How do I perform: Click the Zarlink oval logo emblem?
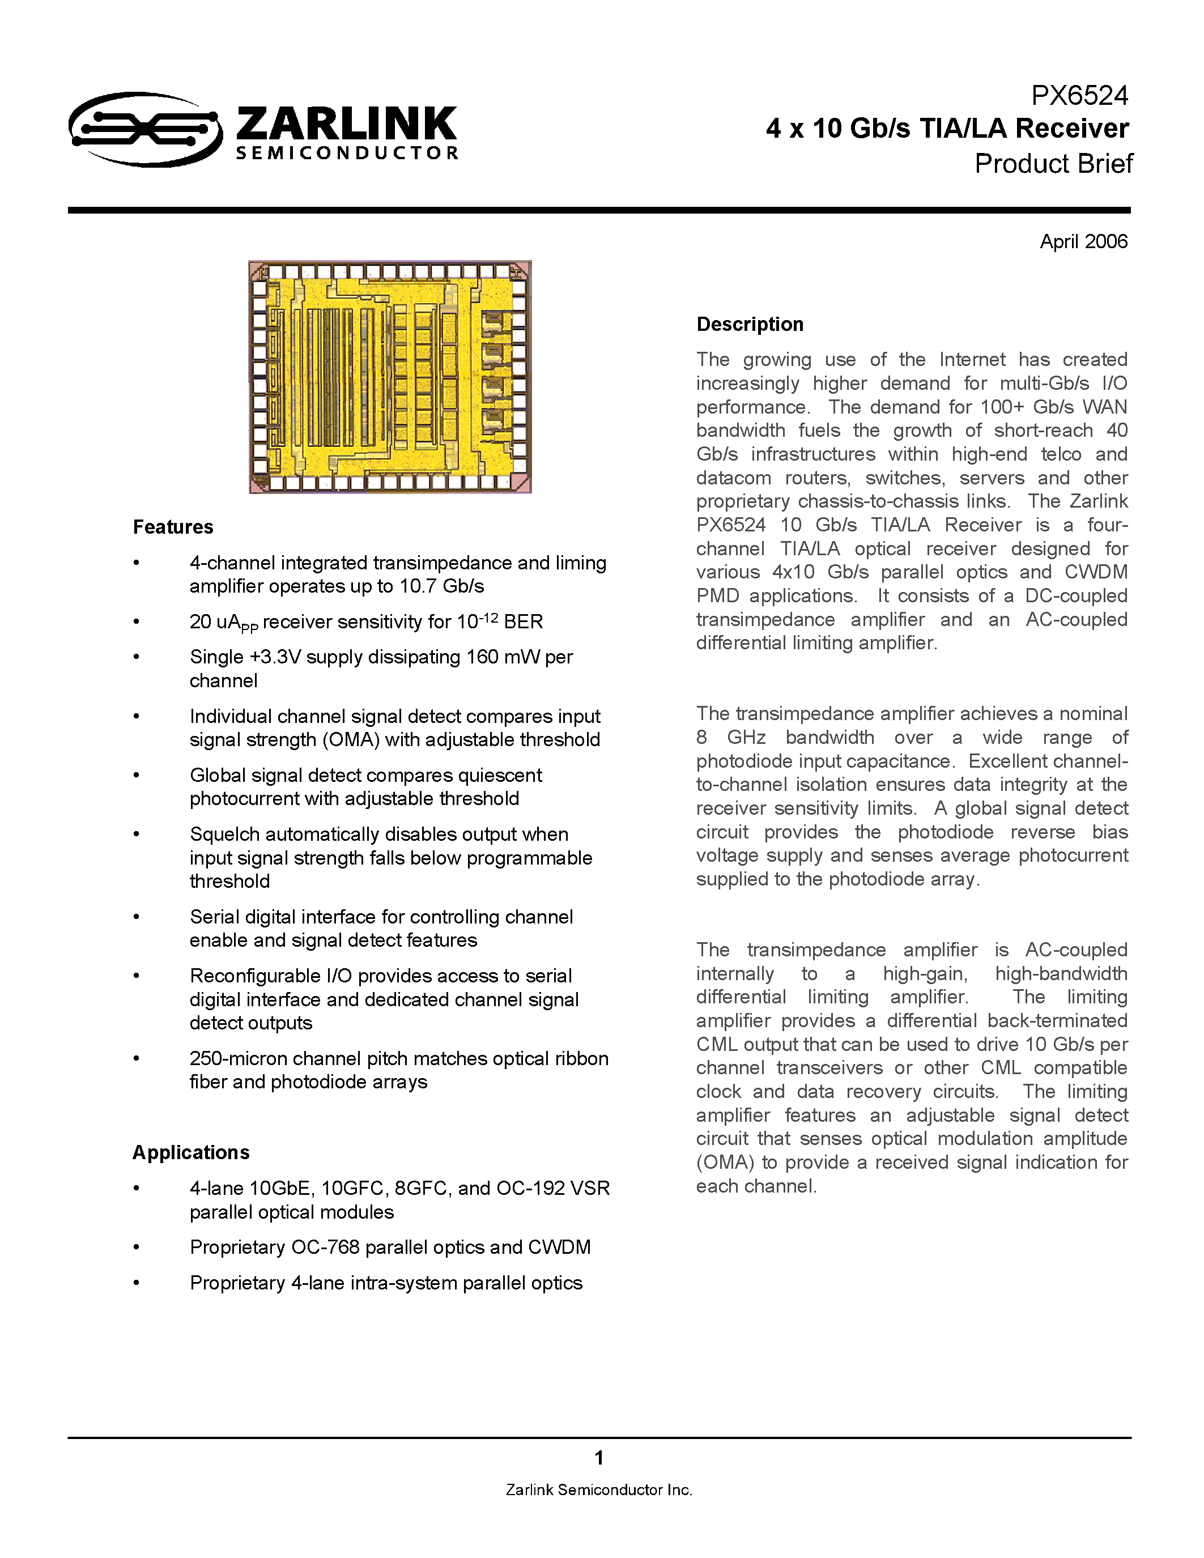point(145,129)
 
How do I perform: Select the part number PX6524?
point(1079,96)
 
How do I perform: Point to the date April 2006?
point(1083,242)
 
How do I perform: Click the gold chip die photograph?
point(390,377)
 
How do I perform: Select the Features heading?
point(173,527)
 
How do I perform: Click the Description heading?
point(750,325)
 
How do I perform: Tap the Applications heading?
point(190,1153)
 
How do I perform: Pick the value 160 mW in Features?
point(504,657)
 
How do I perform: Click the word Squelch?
point(223,835)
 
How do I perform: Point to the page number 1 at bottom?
point(599,1458)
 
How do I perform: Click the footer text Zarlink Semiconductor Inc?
point(599,1490)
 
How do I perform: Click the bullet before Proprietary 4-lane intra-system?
point(136,1283)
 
